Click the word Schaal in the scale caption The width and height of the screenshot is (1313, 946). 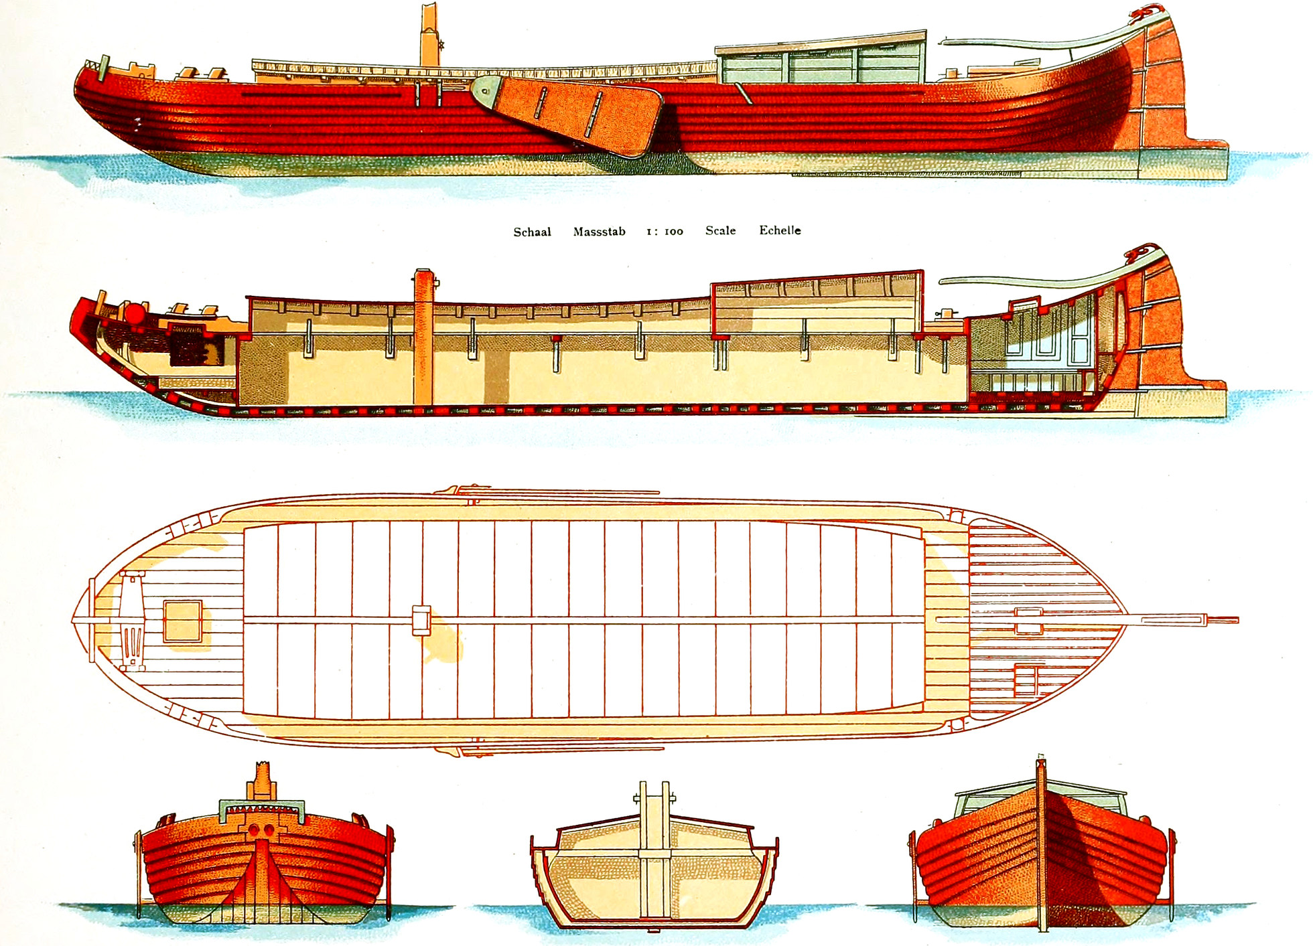[532, 232]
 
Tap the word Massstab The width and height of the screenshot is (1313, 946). [599, 232]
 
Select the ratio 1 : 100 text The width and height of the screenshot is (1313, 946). [665, 232]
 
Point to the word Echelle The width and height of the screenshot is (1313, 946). [780, 230]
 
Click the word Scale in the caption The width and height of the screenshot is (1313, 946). [720, 231]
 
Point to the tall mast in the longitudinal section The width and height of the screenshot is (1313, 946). [423, 335]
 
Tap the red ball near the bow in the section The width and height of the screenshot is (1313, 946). [136, 313]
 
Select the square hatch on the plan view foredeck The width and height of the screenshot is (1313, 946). [182, 621]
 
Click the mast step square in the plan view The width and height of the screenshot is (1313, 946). [421, 620]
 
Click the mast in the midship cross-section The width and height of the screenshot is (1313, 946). [654, 850]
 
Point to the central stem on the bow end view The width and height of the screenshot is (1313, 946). [262, 870]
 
